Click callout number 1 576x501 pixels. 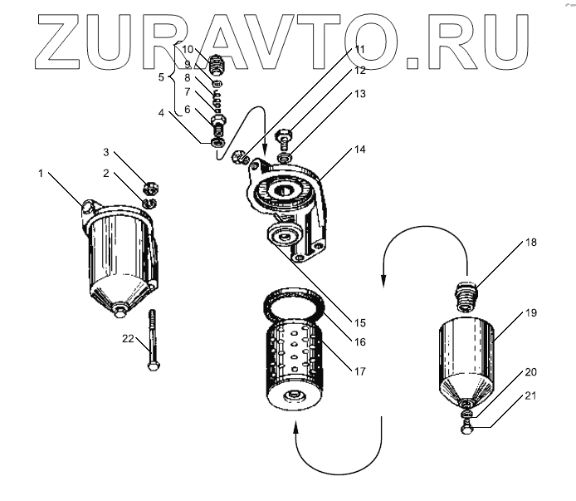pyautogui.click(x=40, y=173)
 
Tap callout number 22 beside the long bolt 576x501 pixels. pyautogui.click(x=128, y=337)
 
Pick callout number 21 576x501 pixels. pyautogui.click(x=531, y=397)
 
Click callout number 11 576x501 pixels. pyautogui.click(x=359, y=50)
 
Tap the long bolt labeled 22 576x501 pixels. pyautogui.click(x=153, y=341)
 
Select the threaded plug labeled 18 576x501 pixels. pyautogui.click(x=468, y=297)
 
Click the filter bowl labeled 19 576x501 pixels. pyautogui.click(x=467, y=353)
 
